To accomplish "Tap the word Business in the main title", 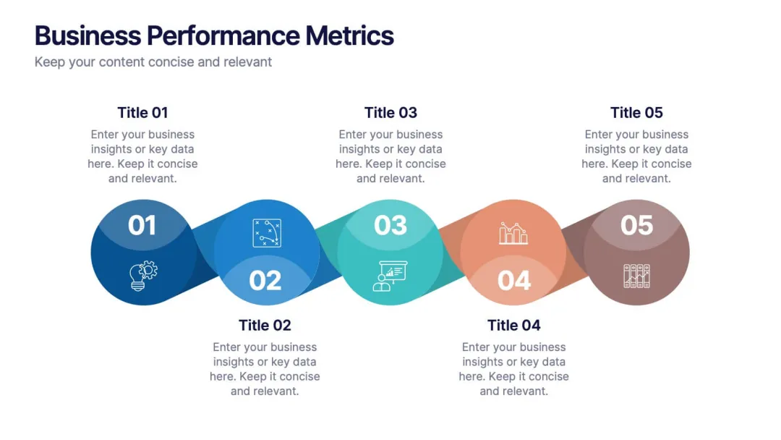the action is pos(88,35).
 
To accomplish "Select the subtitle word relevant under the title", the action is pos(248,62).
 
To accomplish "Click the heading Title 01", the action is pos(142,112).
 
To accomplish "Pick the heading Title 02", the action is pos(265,325).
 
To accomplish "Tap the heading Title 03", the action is pos(390,112).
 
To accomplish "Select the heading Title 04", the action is pos(513,325).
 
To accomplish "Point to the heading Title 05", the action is pos(636,112).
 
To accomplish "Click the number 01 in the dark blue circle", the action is pos(142,226).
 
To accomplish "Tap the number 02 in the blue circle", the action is pos(265,281).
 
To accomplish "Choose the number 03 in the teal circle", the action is pos(390,226).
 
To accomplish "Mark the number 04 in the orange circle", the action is pos(514,281).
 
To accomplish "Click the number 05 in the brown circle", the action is pos(636,226).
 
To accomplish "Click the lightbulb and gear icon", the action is pos(143,275).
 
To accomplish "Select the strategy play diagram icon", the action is pos(267,233).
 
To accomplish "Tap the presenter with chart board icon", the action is pos(390,276).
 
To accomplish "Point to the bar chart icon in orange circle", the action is pos(513,233).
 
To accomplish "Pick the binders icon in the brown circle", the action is pos(636,276).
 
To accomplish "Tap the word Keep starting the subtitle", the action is pos(48,62).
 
